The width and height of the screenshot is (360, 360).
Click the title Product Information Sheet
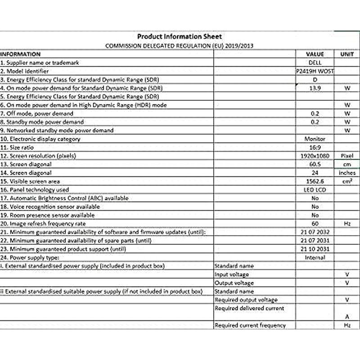pyautogui.click(x=179, y=37)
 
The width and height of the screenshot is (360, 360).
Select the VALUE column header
pyautogui.click(x=315, y=54)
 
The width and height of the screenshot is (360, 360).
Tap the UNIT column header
pyautogui.click(x=347, y=54)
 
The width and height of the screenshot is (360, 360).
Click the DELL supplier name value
pyautogui.click(x=315, y=63)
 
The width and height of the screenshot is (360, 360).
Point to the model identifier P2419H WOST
pyautogui.click(x=315, y=71)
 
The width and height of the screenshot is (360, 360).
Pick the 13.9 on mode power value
pyautogui.click(x=315, y=88)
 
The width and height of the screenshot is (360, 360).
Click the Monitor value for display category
pyautogui.click(x=315, y=139)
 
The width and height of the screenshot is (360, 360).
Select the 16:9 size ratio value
pyautogui.click(x=315, y=147)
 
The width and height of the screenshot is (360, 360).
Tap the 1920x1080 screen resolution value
pyautogui.click(x=315, y=156)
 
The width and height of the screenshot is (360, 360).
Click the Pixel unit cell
pyautogui.click(x=347, y=156)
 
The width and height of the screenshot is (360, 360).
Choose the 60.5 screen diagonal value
pyautogui.click(x=315, y=164)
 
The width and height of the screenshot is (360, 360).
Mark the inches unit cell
pyautogui.click(x=347, y=173)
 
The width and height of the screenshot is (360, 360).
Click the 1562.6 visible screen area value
pyautogui.click(x=315, y=181)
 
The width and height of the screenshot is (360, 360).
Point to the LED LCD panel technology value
pyautogui.click(x=315, y=190)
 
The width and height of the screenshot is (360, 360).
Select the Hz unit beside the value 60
pyautogui.click(x=347, y=224)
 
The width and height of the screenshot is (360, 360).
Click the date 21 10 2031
pyautogui.click(x=315, y=249)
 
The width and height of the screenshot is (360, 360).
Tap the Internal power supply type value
pyautogui.click(x=315, y=257)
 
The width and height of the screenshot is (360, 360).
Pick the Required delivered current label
pyautogui.click(x=249, y=308)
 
